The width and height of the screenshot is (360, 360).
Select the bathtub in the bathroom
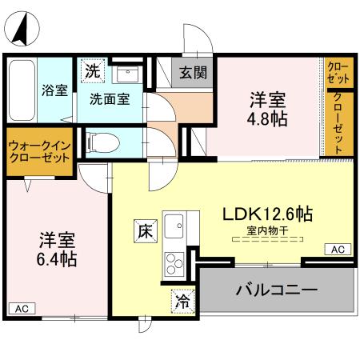click(x=22, y=90)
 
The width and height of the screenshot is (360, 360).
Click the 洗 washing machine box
click(x=94, y=70)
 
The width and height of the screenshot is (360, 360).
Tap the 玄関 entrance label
click(x=192, y=73)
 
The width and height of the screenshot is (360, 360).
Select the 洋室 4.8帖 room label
click(x=268, y=110)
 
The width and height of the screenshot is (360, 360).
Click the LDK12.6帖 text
click(x=266, y=215)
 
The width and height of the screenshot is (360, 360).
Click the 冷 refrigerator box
click(x=182, y=302)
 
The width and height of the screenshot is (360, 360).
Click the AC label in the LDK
click(x=338, y=250)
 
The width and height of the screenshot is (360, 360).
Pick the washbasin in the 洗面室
click(x=126, y=74)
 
